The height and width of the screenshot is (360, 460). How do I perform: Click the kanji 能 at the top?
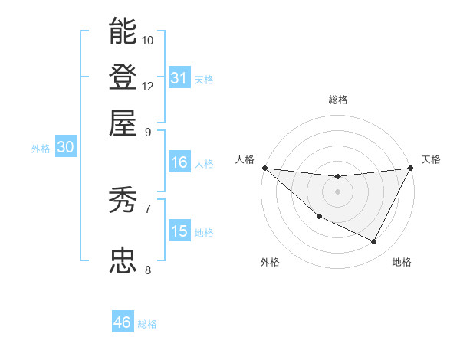click(123, 31)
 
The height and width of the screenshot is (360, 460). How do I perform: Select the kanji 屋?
click(123, 123)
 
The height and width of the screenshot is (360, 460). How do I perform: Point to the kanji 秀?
click(123, 201)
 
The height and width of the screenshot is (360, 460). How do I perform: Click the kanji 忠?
click(123, 260)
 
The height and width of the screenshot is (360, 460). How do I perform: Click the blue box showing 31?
click(179, 78)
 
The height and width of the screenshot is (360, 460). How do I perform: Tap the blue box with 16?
click(179, 162)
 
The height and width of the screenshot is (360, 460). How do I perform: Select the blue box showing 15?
click(179, 231)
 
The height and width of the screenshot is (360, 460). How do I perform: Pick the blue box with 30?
click(65, 148)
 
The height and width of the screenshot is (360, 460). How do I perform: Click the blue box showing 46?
click(123, 322)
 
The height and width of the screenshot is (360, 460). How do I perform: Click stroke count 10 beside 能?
click(148, 40)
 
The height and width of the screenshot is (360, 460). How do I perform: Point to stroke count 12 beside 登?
click(148, 86)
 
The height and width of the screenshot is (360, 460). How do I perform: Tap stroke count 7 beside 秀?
click(148, 208)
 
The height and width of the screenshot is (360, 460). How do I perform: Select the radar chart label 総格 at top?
click(338, 100)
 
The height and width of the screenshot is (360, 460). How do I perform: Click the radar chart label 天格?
click(431, 159)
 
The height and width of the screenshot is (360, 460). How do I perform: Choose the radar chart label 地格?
click(402, 262)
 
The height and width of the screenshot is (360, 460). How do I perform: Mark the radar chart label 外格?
click(270, 262)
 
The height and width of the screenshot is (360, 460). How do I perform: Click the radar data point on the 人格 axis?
click(264, 168)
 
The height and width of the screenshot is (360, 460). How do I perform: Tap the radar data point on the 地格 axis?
click(374, 242)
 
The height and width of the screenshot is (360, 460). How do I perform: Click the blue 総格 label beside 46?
click(148, 324)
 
